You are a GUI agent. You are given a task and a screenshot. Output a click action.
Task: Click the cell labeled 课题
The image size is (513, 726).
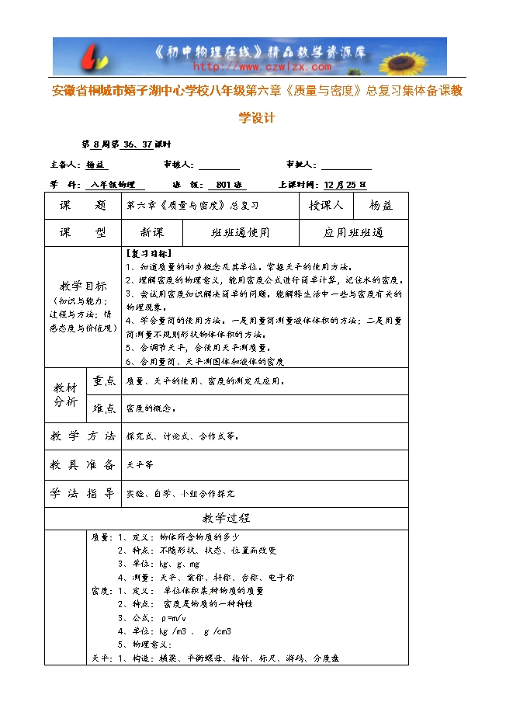click(83, 206)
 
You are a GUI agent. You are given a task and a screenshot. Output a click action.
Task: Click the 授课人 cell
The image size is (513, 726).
click(326, 206)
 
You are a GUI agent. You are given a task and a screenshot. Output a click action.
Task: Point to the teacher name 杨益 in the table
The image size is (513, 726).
click(380, 206)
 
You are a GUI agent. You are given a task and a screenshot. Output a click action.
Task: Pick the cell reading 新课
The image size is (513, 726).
click(152, 233)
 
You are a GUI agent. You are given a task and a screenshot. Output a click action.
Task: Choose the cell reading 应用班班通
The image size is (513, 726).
click(353, 233)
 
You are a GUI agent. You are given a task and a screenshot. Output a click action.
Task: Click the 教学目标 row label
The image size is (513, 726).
click(83, 285)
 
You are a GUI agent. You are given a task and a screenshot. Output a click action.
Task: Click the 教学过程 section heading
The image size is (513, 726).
click(226, 518)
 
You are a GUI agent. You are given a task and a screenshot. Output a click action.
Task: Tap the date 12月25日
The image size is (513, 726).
click(345, 185)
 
